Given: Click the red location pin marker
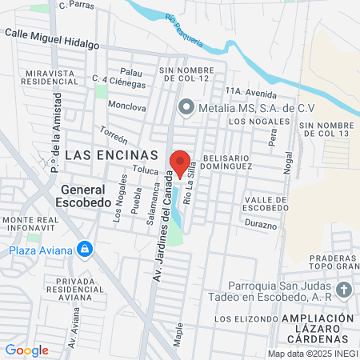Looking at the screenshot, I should tap(181, 163).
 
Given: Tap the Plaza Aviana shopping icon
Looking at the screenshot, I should tap(84, 250).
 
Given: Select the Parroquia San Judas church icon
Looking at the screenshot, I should tap(343, 290).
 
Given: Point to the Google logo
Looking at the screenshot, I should tap(26, 350).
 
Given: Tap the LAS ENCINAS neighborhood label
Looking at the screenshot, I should tap(111, 154).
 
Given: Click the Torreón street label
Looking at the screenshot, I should tap(114, 133).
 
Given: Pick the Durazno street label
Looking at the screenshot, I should tap(261, 223).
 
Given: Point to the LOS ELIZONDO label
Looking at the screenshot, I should tap(238, 318).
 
